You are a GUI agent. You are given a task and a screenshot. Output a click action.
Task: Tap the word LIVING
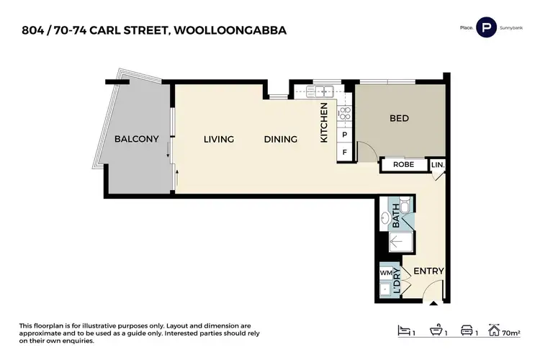pos(218,139)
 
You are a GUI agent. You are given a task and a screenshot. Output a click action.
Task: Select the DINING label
pos(280,139)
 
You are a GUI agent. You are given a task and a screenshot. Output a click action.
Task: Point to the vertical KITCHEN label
pos(324,122)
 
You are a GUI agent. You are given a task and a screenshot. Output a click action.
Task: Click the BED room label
pos(400,119)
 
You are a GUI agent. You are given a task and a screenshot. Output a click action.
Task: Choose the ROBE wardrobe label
pos(402,165)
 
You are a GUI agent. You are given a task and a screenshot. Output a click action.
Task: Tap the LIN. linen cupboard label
pos(438,165)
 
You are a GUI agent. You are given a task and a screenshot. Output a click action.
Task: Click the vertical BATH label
pos(395,216)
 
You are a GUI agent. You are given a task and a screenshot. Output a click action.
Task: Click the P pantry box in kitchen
pos(345,135)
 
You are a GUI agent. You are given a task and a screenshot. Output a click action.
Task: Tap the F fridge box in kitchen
pos(345,152)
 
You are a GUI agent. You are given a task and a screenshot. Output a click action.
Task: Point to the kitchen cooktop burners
pos(344,112)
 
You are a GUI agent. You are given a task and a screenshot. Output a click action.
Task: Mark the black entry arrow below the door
pos(433,305)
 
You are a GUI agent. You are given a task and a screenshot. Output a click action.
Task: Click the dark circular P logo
pos(487,27)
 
